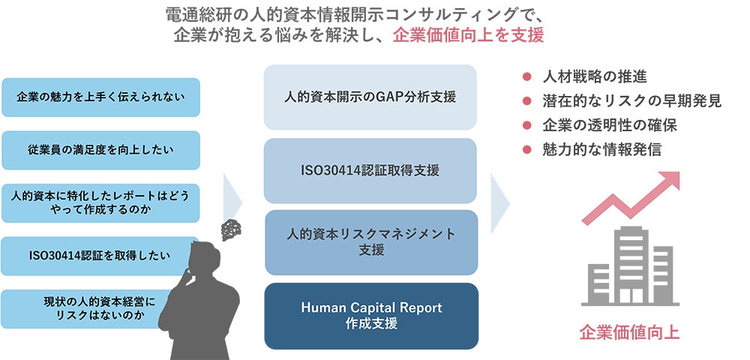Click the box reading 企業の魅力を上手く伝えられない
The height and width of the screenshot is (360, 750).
[100, 97]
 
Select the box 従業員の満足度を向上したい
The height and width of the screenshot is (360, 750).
[100, 150]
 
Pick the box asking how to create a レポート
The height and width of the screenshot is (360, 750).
[100, 202]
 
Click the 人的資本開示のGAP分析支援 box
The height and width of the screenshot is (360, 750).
[370, 97]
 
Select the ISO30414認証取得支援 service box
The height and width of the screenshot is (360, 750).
[370, 170]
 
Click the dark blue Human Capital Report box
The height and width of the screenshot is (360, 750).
[370, 316]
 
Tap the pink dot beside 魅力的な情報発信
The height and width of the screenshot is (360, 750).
[526, 149]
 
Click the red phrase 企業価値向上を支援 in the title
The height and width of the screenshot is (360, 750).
[468, 35]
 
